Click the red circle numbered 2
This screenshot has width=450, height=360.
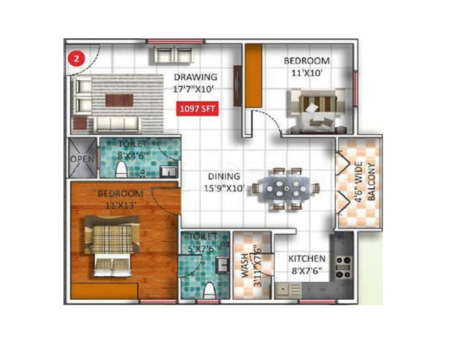76,59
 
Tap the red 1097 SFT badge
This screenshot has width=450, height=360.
198,109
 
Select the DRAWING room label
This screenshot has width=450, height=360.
195,77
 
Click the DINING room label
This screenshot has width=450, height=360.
224,176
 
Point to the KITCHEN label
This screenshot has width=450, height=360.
307,259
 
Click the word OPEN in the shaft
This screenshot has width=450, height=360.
82,159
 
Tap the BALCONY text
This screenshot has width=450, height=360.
371,181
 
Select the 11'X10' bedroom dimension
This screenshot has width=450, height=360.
307,73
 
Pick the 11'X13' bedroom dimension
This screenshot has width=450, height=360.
121,206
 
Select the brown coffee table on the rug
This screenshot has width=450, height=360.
119,100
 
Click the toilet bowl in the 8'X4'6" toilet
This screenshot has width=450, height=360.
121,169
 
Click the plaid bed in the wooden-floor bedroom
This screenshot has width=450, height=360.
112,247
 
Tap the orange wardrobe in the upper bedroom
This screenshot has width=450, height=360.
253,76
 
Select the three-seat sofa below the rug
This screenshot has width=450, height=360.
117,124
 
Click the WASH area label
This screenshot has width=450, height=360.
244,265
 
